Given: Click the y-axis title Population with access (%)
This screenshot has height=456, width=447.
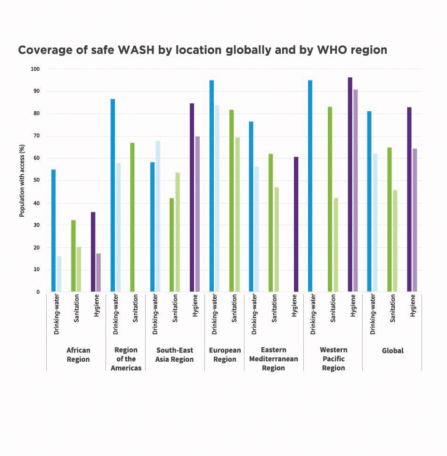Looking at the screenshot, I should [22, 180].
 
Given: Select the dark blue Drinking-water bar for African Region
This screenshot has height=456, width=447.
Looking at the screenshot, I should [54, 230].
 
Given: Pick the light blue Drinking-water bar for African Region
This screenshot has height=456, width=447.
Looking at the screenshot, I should [59, 274].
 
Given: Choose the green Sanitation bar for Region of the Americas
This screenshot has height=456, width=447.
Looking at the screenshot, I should [132, 217].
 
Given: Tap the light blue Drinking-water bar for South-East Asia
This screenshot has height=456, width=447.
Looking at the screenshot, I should [157, 216].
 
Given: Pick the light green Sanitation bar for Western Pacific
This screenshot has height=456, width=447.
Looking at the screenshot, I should [335, 245].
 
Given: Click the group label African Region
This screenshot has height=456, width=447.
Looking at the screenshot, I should [78, 355].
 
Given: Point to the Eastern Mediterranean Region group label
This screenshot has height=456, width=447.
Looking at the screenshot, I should [274, 359].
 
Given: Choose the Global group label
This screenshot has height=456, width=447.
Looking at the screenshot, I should [393, 351].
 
